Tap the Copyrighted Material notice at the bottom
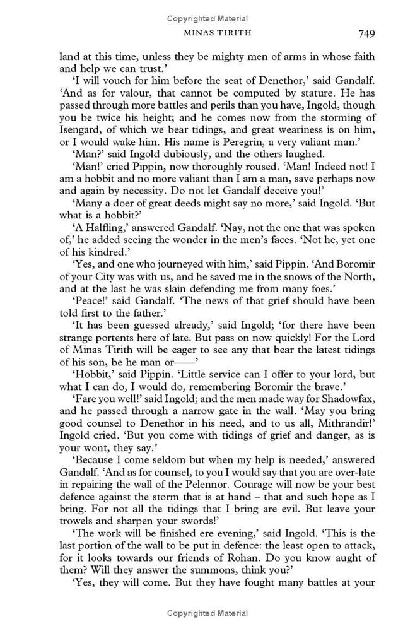[x=208, y=613]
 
